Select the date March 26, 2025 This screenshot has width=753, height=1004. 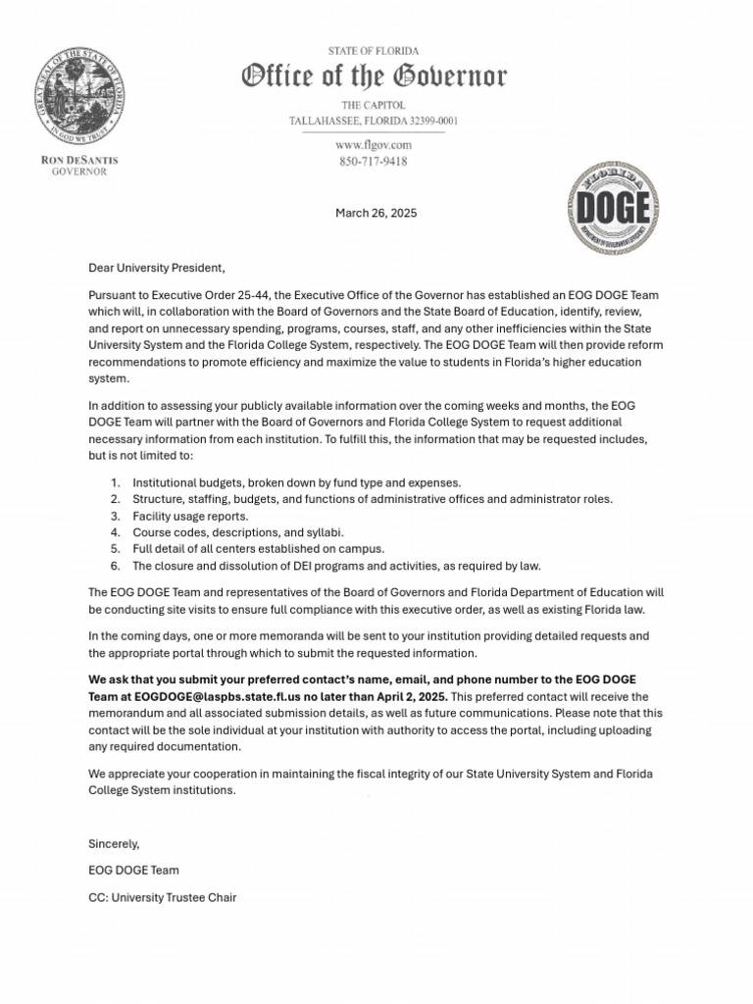pos(376,213)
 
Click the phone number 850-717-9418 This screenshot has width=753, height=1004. pos(373,161)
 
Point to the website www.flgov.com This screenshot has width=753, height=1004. pos(373,145)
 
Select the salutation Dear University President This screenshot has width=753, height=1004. pos(157,268)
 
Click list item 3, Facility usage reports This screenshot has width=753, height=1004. pos(190,516)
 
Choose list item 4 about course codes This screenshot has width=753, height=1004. pos(237,532)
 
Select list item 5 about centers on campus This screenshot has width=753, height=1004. pos(258,549)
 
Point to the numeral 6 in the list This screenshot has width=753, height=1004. pos(115,566)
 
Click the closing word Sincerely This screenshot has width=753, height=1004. pos(114,843)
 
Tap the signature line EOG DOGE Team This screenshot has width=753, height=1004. pos(133,870)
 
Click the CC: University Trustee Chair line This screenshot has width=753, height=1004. pos(162,897)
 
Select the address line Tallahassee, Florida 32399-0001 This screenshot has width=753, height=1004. pos(373,121)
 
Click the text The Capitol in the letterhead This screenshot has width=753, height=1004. pos(373,105)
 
